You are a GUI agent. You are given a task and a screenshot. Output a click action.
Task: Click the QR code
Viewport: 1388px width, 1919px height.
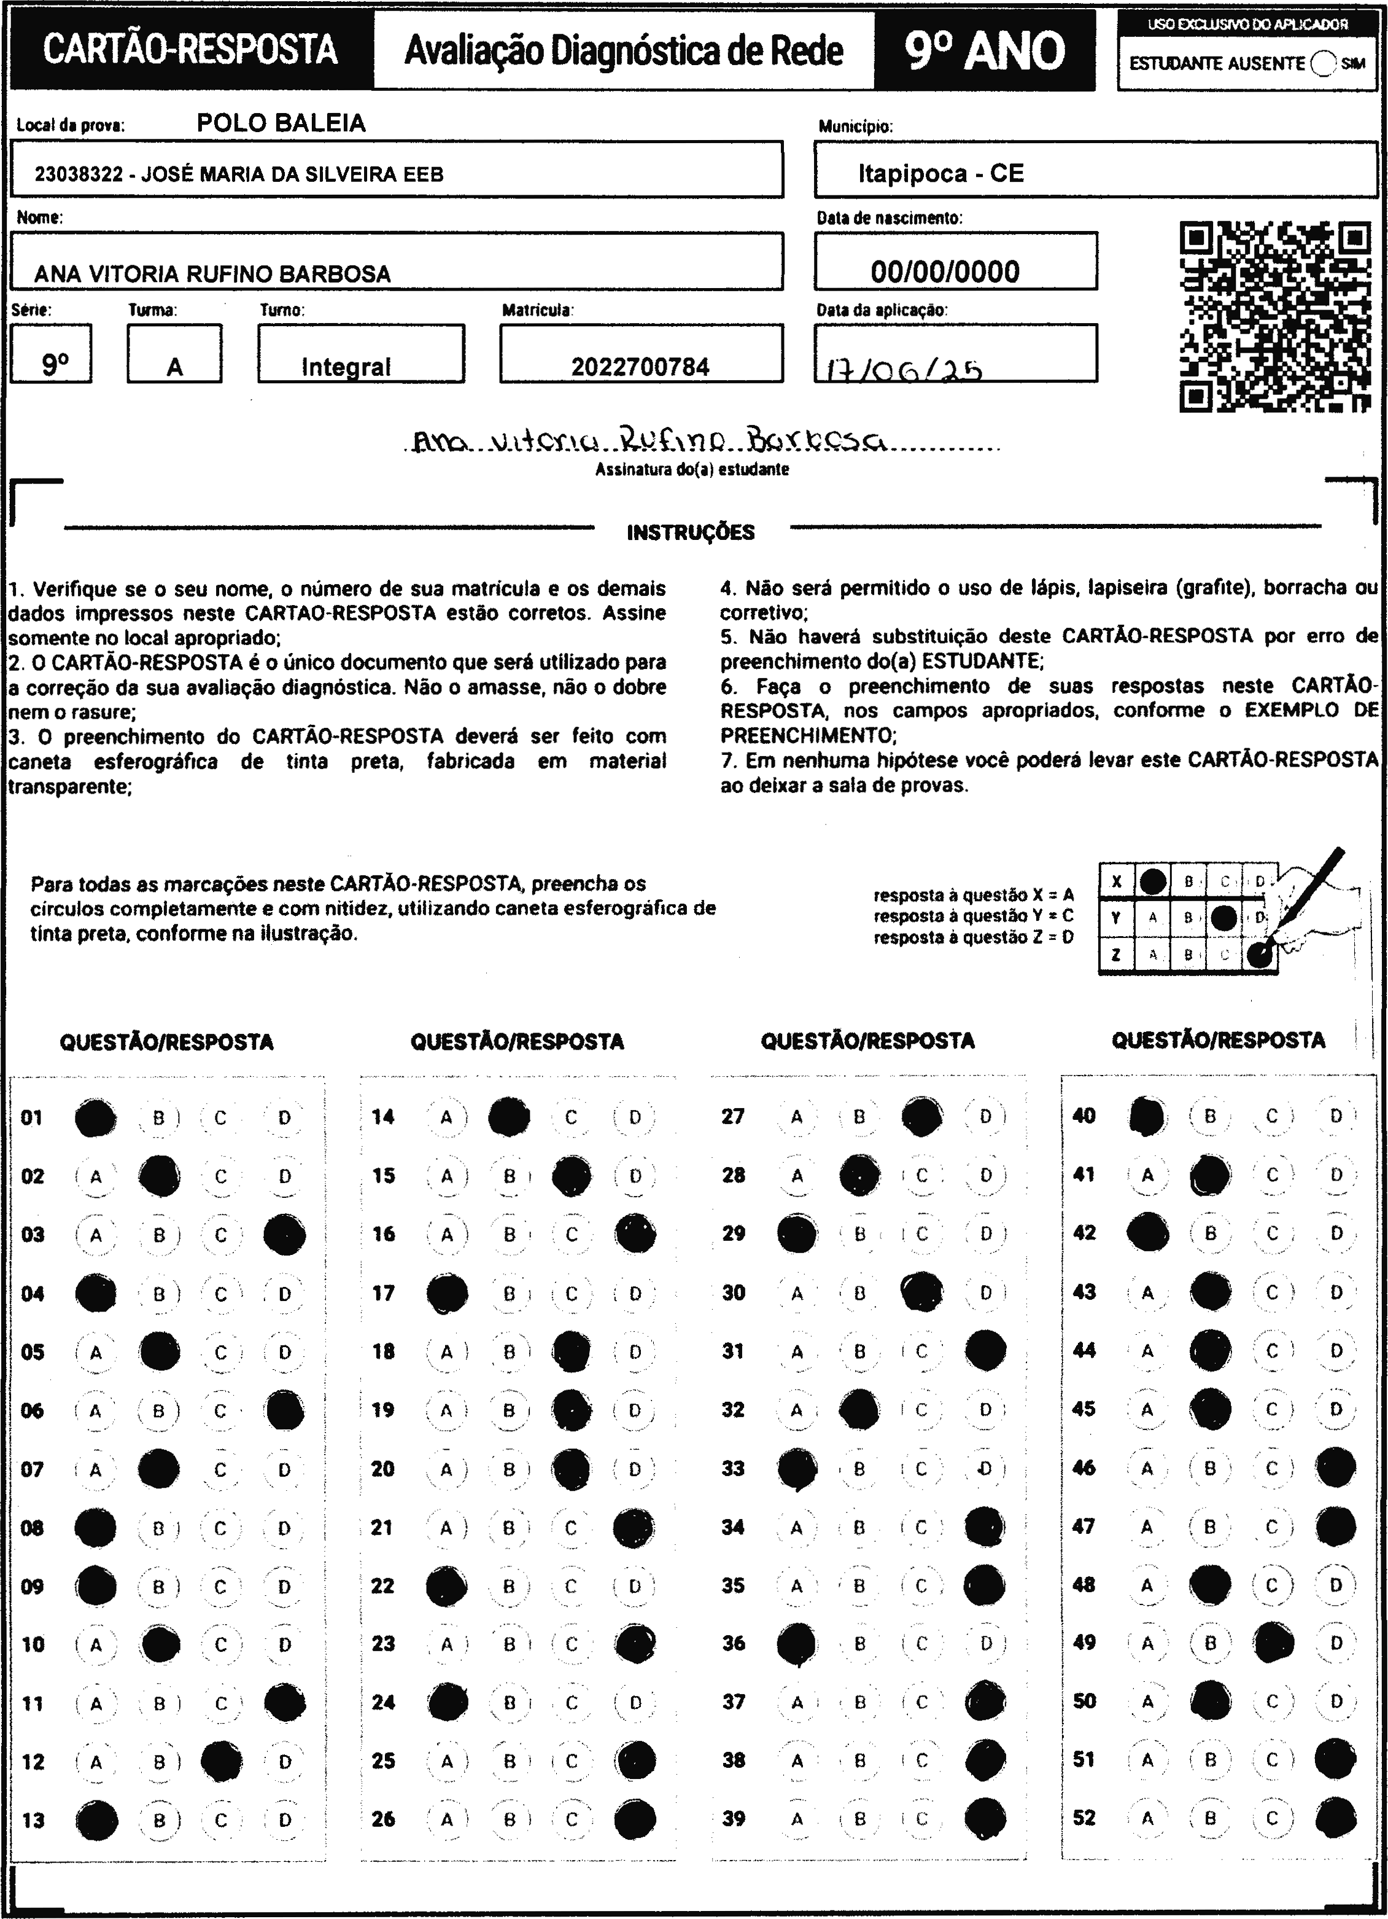pos(1274,316)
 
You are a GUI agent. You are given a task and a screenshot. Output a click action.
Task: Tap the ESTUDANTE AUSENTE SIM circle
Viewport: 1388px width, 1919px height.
pos(1322,63)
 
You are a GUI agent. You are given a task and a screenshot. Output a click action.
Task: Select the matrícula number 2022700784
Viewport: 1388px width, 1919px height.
pos(640,366)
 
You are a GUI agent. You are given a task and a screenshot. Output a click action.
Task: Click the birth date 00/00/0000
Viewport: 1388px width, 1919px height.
pos(945,272)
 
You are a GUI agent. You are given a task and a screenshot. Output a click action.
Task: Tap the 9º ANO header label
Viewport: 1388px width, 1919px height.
pos(985,52)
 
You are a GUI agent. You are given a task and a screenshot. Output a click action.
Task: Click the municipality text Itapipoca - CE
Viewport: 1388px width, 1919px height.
pos(940,173)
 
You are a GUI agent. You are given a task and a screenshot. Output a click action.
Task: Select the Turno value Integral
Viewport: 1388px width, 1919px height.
pos(346,366)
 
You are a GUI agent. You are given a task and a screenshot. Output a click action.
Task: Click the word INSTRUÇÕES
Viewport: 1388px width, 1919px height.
pos(690,532)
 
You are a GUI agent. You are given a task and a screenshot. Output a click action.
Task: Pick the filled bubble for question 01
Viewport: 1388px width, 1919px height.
pos(96,1118)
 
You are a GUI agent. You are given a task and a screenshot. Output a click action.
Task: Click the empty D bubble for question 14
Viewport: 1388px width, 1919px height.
pos(634,1118)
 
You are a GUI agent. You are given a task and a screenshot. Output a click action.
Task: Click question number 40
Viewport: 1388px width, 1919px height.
pos(1084,1116)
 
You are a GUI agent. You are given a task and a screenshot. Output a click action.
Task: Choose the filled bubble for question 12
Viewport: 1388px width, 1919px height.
pos(222,1762)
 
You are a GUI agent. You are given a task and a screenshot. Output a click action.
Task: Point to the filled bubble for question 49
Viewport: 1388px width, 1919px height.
pos(1274,1643)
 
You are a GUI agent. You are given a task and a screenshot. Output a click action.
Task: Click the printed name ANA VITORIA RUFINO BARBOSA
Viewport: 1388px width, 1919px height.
pos(212,274)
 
